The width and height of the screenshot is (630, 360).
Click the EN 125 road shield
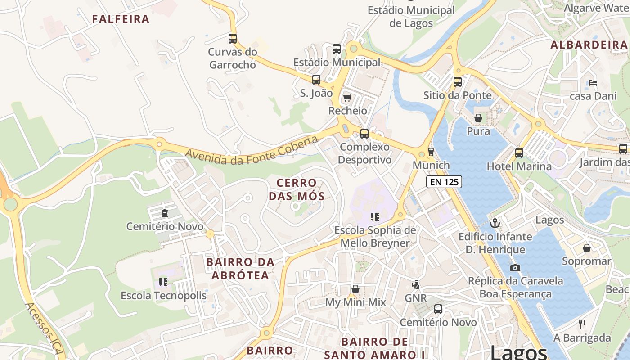pos(444,182)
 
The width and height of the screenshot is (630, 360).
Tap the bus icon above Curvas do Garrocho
pos(233,39)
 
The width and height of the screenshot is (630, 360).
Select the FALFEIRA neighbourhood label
pos(121,19)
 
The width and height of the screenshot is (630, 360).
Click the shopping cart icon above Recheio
pos(347,98)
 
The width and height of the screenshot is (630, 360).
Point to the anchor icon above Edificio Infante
pos(495,223)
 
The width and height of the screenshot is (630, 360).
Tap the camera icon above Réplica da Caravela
pos(515,268)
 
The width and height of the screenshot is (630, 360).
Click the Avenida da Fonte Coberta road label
pos(252,151)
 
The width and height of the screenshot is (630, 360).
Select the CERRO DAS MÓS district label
pos(297,189)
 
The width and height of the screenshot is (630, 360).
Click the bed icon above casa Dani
pos(593,83)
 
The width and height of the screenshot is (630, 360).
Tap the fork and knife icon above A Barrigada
pos(582,324)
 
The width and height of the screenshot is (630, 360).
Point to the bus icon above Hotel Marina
pos(519,153)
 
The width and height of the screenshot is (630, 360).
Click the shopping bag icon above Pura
pos(478,118)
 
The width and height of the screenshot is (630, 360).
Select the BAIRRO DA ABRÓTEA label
pos(240,268)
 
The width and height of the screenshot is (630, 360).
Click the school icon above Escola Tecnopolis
pos(163,282)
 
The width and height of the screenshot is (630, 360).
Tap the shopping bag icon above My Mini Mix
pos(355,289)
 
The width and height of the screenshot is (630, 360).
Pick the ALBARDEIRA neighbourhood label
pos(589,45)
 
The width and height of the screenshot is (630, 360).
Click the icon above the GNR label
pos(416,284)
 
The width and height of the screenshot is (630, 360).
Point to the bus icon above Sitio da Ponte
pos(458,82)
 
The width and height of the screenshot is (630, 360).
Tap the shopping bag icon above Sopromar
pos(587,248)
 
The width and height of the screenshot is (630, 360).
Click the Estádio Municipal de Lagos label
pos(411,16)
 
